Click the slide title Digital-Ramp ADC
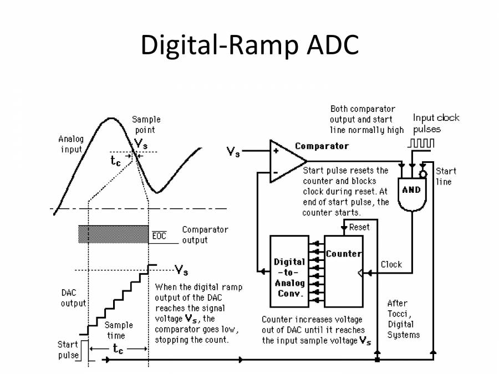tap(249, 45)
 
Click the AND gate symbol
tap(411, 192)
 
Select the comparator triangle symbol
tap(286, 161)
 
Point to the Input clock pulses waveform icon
tap(421, 143)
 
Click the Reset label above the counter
tap(359, 227)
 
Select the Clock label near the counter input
tap(391, 264)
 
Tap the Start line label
tap(444, 176)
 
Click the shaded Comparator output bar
tap(113, 234)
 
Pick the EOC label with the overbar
tap(159, 236)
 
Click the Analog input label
tap(70, 144)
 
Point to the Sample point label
tap(146, 125)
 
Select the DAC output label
tap(73, 298)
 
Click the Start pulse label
tap(68, 350)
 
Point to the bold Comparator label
tap(322, 146)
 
